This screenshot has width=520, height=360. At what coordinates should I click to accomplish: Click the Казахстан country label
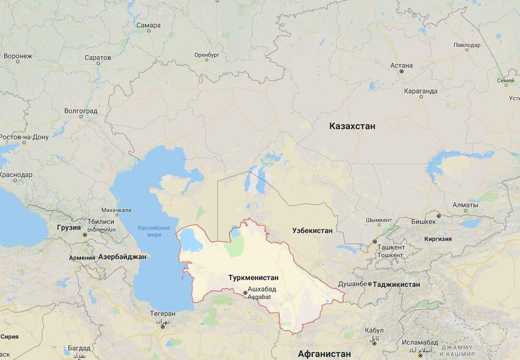pyautogui.click(x=352, y=126)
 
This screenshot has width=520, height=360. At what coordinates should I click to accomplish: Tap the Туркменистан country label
pyautogui.click(x=253, y=278)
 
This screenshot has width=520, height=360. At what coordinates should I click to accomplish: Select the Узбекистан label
pyautogui.click(x=312, y=230)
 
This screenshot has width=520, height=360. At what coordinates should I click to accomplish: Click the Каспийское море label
pyautogui.click(x=154, y=231)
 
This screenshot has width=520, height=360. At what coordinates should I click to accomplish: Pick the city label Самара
pyautogui.click(x=148, y=25)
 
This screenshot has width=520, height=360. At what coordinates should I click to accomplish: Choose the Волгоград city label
pyautogui.click(x=80, y=111)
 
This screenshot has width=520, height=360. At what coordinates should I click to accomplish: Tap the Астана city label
pyautogui.click(x=401, y=65)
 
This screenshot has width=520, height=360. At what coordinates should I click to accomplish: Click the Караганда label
pyautogui.click(x=420, y=91)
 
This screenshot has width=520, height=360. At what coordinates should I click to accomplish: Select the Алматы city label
pyautogui.click(x=465, y=205)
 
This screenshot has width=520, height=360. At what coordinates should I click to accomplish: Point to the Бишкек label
pyautogui.click(x=423, y=222)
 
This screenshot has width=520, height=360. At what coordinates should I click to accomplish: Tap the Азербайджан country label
pyautogui.click(x=122, y=257)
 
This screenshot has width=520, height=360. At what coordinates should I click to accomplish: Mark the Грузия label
pyautogui.click(x=69, y=227)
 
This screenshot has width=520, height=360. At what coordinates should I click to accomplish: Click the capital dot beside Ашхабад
pyautogui.click(x=245, y=293)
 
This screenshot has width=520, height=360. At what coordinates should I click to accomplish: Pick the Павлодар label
pyautogui.click(x=467, y=45)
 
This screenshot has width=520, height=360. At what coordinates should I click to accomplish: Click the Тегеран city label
pyautogui.click(x=163, y=314)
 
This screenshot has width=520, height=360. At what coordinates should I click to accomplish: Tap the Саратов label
pyautogui.click(x=98, y=57)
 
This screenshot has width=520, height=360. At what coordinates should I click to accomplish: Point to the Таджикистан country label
pyautogui.click(x=397, y=284)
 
